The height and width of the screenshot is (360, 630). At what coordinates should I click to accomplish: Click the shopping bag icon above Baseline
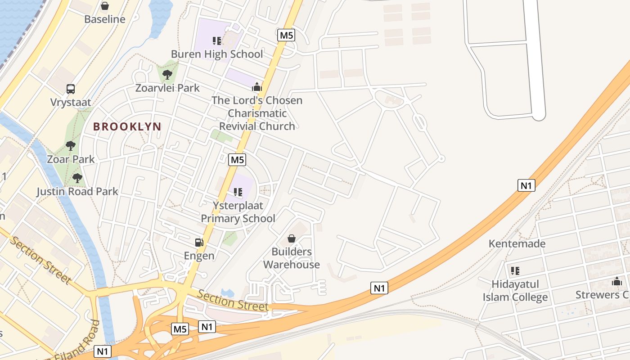(x=105, y=6)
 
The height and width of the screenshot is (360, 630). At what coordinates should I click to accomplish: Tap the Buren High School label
(x=217, y=54)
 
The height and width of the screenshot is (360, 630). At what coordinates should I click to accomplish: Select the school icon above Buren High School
(x=217, y=41)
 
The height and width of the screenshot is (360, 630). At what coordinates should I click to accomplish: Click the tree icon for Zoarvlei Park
(x=167, y=74)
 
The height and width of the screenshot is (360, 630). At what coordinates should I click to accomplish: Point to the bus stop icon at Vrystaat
(x=71, y=89)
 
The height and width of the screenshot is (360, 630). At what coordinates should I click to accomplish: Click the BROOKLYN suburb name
(x=127, y=126)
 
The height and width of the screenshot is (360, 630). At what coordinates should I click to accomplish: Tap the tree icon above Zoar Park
(x=71, y=146)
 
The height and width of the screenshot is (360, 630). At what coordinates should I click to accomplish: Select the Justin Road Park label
(x=77, y=192)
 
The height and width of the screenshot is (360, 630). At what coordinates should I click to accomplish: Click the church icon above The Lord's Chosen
(x=257, y=87)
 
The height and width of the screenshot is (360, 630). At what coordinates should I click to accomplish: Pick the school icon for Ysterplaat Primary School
(x=238, y=193)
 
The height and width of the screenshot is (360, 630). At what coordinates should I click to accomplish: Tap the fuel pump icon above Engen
(x=199, y=243)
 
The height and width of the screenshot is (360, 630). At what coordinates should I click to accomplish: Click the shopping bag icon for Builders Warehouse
(x=292, y=238)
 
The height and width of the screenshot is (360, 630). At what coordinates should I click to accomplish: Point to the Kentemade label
(x=517, y=244)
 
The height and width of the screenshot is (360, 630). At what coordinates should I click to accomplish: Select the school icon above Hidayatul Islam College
(x=515, y=271)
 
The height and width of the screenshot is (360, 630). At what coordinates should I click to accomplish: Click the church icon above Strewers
(x=616, y=282)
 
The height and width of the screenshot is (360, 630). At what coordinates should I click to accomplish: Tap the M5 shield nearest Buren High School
(x=286, y=35)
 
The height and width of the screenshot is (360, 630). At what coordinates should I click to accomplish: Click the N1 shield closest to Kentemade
(x=526, y=185)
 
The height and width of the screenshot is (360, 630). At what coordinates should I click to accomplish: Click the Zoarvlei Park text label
(x=167, y=88)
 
